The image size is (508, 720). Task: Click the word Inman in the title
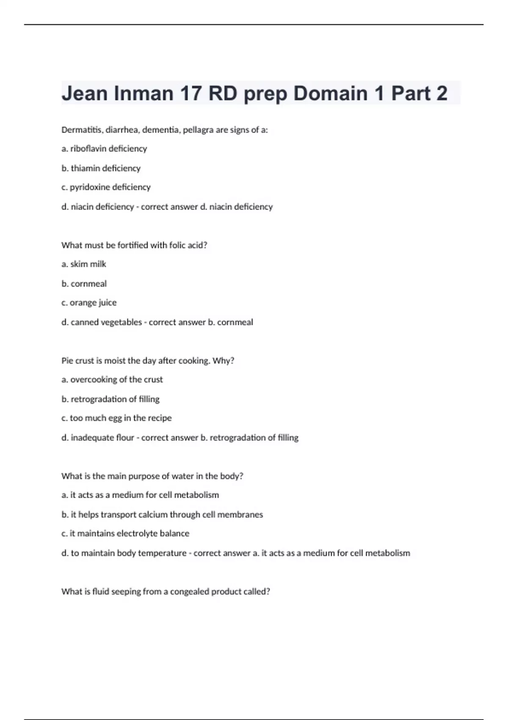(144, 93)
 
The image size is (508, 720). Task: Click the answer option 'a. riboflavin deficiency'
(104, 149)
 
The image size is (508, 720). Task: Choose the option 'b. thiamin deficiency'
(101, 168)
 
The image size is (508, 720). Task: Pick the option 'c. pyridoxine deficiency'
(106, 187)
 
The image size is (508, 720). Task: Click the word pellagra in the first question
(198, 130)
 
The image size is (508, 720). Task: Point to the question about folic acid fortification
(134, 245)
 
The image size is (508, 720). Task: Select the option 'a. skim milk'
(84, 264)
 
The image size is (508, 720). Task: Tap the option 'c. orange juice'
(89, 303)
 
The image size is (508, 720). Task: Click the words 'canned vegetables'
(106, 322)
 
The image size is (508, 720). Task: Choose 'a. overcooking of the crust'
(112, 380)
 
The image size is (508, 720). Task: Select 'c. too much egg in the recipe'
(116, 418)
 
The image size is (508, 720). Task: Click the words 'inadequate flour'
(102, 438)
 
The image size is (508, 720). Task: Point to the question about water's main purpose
(152, 476)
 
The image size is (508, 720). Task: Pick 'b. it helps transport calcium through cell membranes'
(162, 515)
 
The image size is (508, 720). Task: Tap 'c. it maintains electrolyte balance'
(125, 534)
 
